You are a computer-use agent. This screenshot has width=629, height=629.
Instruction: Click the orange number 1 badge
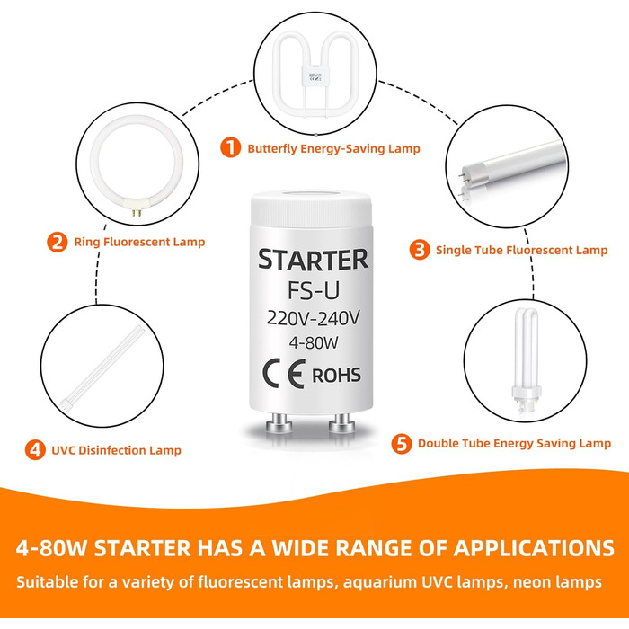pyautogui.click(x=232, y=147)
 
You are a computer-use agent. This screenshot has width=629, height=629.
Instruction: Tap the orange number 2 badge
pyautogui.click(x=57, y=241)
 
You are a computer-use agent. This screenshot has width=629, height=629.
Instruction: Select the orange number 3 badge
pyautogui.click(x=419, y=250)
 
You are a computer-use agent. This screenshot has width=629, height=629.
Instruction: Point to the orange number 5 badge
pyautogui.click(x=402, y=443)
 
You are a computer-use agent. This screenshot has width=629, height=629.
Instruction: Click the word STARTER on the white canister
pyautogui.click(x=313, y=260)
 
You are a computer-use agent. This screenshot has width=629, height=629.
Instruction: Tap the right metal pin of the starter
pyautogui.click(x=341, y=423)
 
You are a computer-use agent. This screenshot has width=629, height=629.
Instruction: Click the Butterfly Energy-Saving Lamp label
pyautogui.click(x=333, y=148)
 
